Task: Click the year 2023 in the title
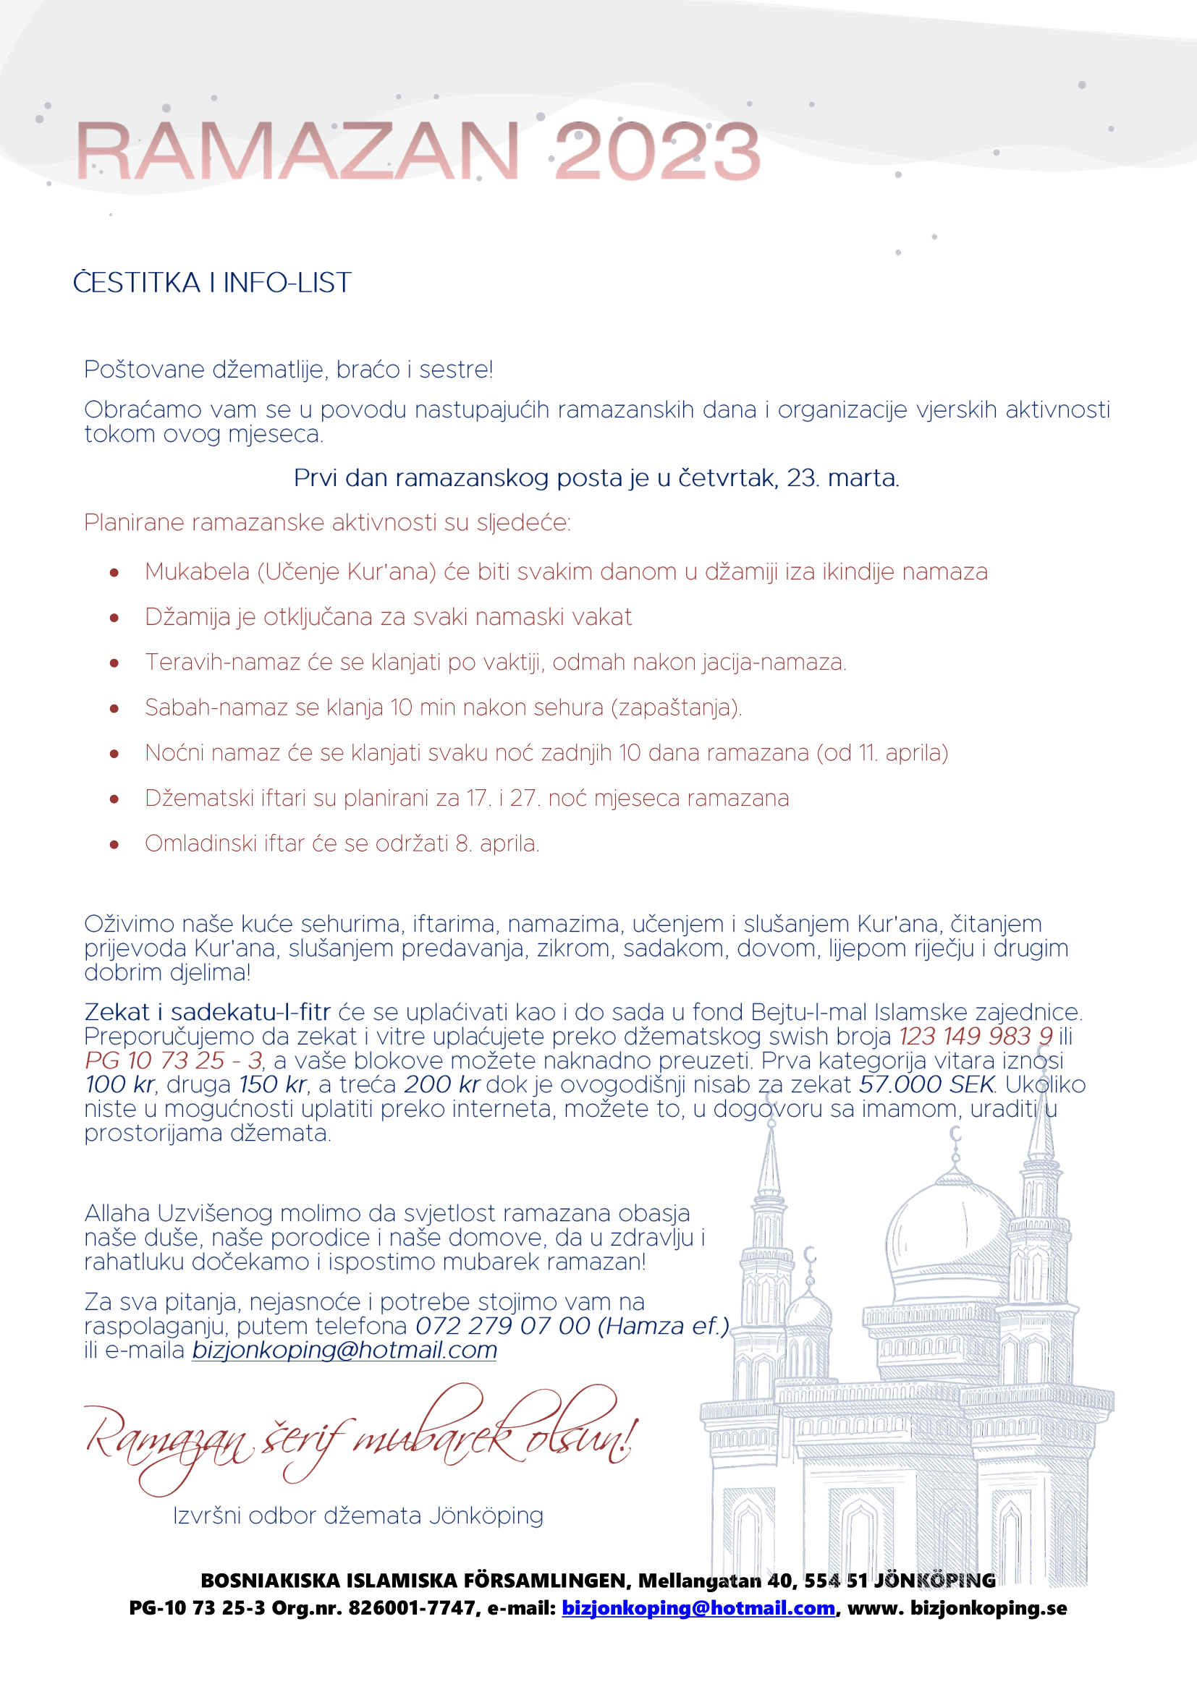656,152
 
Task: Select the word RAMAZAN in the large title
297,152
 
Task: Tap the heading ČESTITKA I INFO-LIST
211,283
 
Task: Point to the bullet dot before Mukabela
114,573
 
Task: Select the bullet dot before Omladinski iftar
114,844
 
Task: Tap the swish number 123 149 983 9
975,1036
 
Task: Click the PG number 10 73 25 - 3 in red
173,1060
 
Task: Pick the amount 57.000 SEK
927,1085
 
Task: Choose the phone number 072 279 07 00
503,1326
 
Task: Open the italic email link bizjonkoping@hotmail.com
344,1350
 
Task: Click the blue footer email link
698,1607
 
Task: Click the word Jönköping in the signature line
486,1516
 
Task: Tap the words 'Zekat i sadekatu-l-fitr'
207,1013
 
